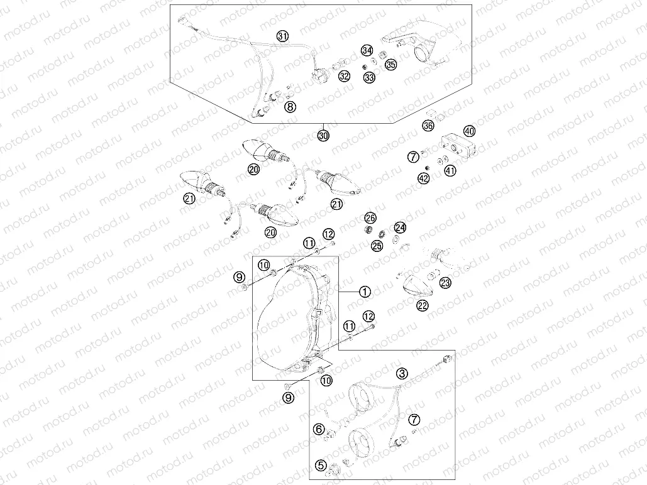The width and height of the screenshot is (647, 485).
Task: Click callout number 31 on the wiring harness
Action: pyautogui.click(x=282, y=36)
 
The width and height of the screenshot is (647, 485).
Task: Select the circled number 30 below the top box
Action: pyautogui.click(x=323, y=135)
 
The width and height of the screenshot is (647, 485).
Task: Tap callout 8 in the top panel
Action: pyautogui.click(x=290, y=107)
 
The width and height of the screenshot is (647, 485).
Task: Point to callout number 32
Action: pyautogui.click(x=344, y=77)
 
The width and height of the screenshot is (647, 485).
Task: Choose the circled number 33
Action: pyautogui.click(x=368, y=77)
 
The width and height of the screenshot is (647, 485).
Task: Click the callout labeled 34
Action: pyautogui.click(x=367, y=50)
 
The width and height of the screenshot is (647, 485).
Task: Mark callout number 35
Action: pyautogui.click(x=391, y=64)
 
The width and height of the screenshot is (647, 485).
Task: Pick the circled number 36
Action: pyautogui.click(x=428, y=126)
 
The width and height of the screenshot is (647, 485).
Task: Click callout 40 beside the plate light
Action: pyautogui.click(x=469, y=131)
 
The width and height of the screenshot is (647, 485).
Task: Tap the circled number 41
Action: pyautogui.click(x=450, y=170)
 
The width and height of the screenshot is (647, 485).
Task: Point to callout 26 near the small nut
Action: pyautogui.click(x=370, y=217)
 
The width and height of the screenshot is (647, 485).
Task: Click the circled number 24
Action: pyautogui.click(x=400, y=227)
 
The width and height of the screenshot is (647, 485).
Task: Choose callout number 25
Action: pyautogui.click(x=377, y=245)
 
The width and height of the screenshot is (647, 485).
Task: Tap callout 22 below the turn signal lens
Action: pyautogui.click(x=423, y=305)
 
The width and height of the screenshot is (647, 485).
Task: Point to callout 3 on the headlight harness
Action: pyautogui.click(x=402, y=374)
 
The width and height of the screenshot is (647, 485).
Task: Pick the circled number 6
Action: pyautogui.click(x=319, y=429)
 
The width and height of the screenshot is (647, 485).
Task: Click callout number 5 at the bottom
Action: pyautogui.click(x=321, y=466)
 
